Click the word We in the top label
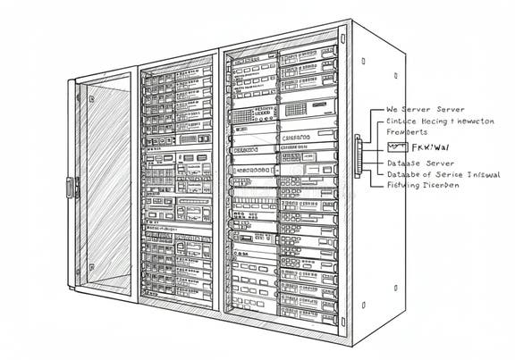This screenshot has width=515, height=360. point(392,109)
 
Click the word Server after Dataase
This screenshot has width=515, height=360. point(438,163)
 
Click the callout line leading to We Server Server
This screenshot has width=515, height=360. point(376,110)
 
